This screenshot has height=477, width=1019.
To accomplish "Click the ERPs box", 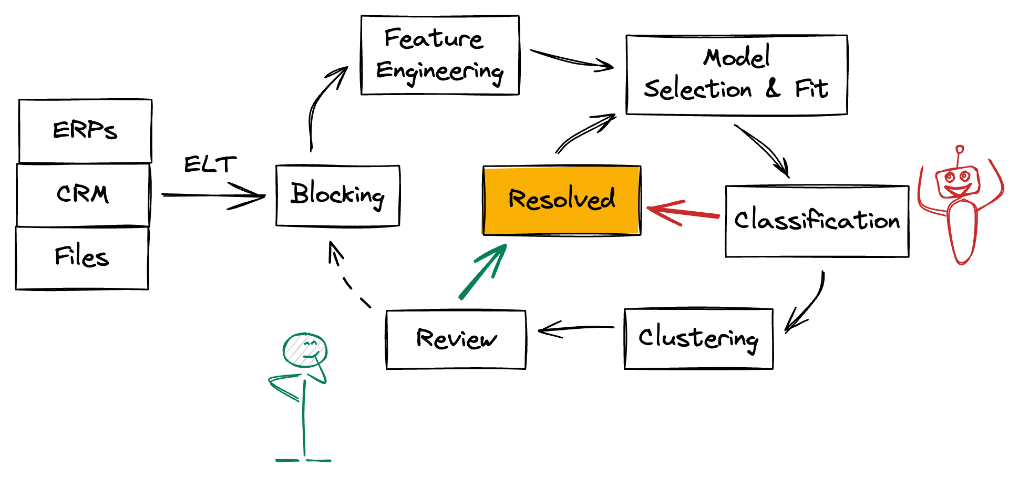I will click(x=85, y=130).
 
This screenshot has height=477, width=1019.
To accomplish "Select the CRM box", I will click(x=83, y=194).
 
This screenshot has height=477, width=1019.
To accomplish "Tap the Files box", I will click(x=82, y=257).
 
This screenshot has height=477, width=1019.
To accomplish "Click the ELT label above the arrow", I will click(x=210, y=164).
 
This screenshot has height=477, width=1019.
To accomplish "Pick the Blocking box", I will click(x=337, y=195).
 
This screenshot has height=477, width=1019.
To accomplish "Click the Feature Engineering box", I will click(x=440, y=55).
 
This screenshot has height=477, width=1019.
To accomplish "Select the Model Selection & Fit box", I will click(x=736, y=75).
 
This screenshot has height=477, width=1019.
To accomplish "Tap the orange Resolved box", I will click(x=561, y=200).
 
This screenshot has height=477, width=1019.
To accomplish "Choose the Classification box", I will click(x=817, y=221).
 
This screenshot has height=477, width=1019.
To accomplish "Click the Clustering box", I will click(x=698, y=338).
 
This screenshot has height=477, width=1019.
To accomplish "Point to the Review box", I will click(x=456, y=339).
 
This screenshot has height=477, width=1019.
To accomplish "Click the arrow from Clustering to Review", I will click(x=575, y=329).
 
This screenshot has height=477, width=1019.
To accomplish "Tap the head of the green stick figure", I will click(x=305, y=349).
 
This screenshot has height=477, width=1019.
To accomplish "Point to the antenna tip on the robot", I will click(x=960, y=149).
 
